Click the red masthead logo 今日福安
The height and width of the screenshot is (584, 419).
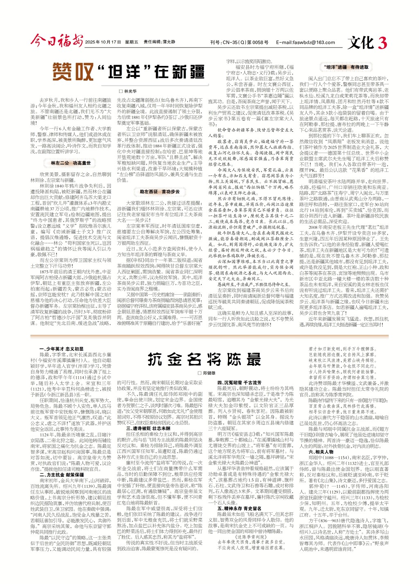point(56,41)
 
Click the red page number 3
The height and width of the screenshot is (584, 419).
point(383,43)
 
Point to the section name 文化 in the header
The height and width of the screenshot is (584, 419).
point(360,43)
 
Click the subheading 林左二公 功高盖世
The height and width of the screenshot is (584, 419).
point(70,163)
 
